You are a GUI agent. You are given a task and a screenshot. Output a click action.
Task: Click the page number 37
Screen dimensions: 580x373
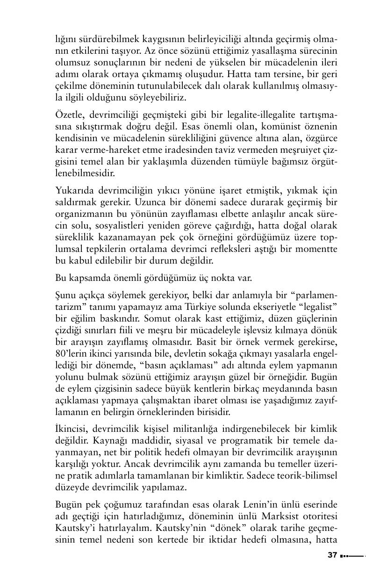point(332,556)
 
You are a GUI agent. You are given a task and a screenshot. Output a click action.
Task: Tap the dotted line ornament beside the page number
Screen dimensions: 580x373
point(352,556)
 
